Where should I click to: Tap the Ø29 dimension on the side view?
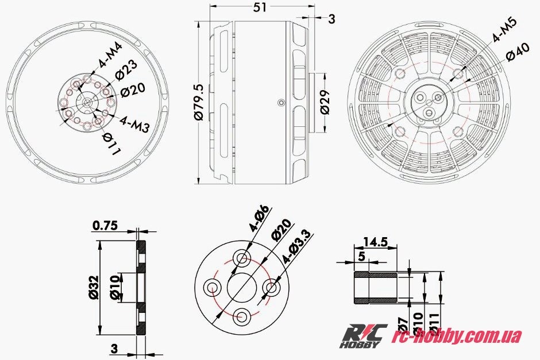(325, 102)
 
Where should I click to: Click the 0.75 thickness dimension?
(105, 226)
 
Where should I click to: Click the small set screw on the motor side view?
(280, 102)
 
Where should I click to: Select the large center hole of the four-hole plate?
(241, 286)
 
